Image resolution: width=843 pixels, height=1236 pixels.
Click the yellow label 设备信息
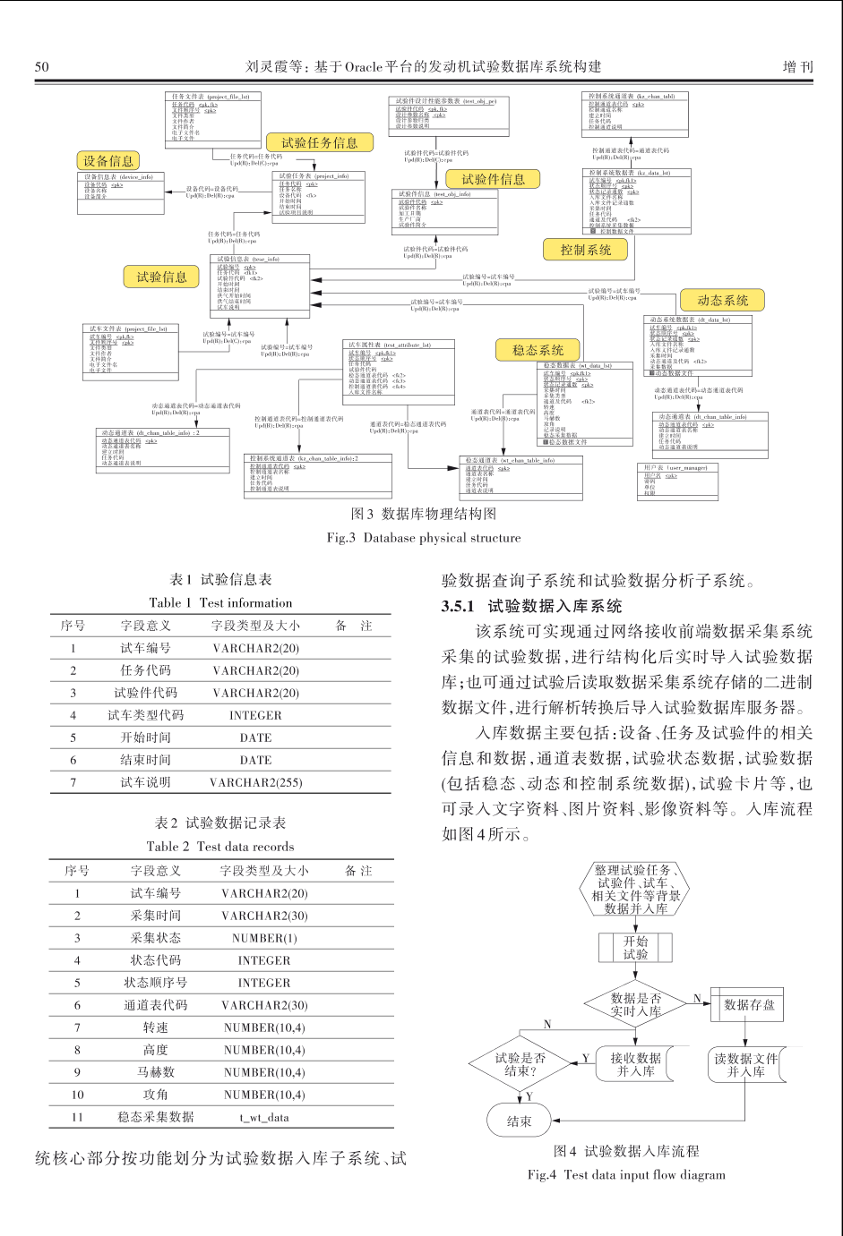(x=108, y=161)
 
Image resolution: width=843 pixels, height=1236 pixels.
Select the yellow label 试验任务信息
(x=319, y=142)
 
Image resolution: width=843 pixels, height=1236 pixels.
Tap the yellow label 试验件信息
(x=493, y=179)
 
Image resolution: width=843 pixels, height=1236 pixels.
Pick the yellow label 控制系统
(x=585, y=250)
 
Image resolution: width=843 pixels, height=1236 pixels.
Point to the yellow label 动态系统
(x=722, y=301)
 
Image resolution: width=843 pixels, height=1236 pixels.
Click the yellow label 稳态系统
(x=538, y=350)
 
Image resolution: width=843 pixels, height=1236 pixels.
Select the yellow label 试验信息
(x=161, y=277)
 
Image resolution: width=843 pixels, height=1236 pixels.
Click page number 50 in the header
(x=42, y=66)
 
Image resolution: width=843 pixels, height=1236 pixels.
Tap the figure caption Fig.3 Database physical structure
(x=423, y=538)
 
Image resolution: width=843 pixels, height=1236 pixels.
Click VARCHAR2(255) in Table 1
(x=255, y=782)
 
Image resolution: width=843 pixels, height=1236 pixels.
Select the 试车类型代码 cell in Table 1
(x=145, y=715)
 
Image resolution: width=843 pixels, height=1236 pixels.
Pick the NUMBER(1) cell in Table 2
(x=264, y=938)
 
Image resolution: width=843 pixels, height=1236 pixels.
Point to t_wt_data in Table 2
(x=264, y=1117)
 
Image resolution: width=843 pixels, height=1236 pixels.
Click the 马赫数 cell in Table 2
(x=155, y=1072)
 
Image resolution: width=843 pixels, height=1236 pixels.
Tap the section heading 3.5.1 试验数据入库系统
(x=531, y=606)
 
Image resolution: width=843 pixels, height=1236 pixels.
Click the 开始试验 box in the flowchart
(x=635, y=948)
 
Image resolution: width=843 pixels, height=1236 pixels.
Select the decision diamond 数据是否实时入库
(x=636, y=1004)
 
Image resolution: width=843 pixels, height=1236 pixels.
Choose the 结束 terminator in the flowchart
(x=519, y=1121)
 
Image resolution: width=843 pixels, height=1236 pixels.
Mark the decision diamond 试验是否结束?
(x=520, y=1063)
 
